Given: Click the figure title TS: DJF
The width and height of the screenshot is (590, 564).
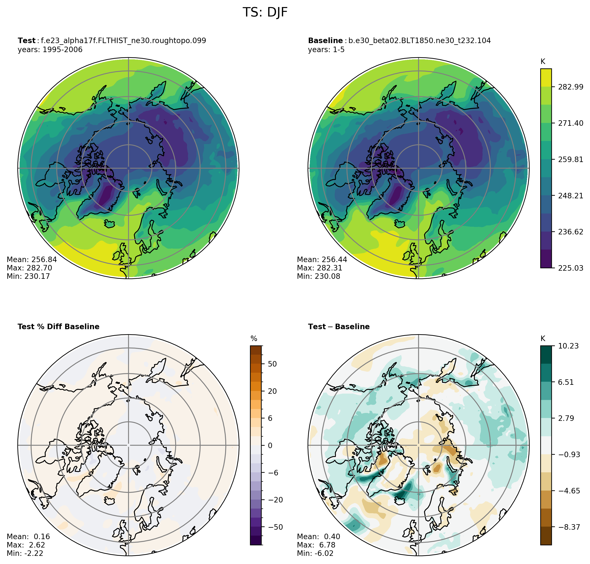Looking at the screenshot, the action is tap(265, 13).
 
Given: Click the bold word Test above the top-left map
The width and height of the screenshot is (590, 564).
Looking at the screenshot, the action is tap(26, 41).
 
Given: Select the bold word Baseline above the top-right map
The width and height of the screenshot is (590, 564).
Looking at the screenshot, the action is tap(325, 41).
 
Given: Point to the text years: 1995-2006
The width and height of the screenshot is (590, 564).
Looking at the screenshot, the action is tap(50, 50).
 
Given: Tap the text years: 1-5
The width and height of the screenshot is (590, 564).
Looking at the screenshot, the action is tap(326, 50).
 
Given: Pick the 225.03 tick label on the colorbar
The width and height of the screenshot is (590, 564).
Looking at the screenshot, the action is tap(570, 268).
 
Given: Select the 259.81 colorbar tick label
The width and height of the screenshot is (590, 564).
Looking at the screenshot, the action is tap(570, 159).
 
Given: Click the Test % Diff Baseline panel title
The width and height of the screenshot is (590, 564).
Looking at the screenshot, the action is tap(58, 327).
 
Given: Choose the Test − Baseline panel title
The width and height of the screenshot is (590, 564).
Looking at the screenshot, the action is tap(338, 327).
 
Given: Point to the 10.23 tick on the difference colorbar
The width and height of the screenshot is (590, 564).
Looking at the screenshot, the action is tap(568, 346).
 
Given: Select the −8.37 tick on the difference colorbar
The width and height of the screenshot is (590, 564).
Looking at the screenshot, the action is tap(569, 527).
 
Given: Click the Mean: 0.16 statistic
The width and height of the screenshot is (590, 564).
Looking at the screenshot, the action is tap(28, 537).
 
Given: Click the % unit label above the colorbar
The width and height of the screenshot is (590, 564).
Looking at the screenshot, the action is tap(254, 339).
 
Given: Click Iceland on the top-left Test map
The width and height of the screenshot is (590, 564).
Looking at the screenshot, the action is tap(110, 224).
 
